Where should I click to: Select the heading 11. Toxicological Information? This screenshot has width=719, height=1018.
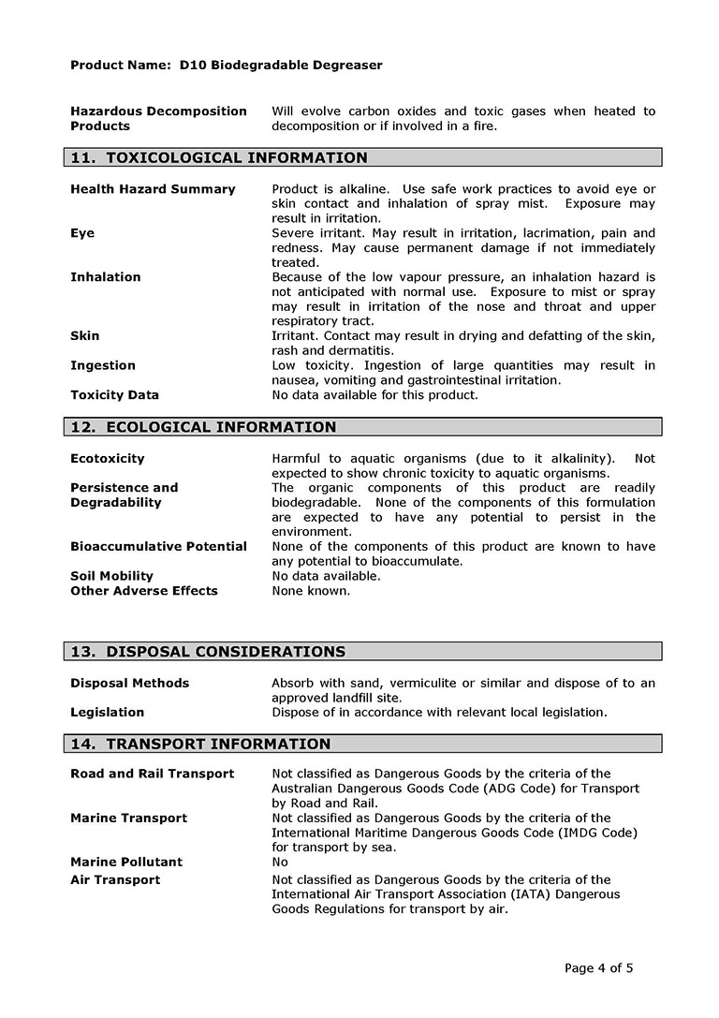point(219,158)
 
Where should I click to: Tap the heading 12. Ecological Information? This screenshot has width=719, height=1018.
point(203,428)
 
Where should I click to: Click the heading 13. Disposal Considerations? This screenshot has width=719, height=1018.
point(208,652)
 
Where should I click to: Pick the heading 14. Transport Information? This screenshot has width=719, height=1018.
point(200,745)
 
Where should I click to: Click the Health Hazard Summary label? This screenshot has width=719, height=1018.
point(153,189)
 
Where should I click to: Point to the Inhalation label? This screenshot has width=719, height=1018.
point(105,277)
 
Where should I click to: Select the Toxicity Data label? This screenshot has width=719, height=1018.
point(114,395)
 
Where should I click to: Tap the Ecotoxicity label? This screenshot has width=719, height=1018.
point(107,459)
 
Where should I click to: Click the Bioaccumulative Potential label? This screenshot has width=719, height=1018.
point(158,547)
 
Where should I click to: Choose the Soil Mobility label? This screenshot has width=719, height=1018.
point(111,576)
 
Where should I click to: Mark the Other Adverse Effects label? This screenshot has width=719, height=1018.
point(143,591)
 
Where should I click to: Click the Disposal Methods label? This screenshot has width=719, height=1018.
point(129,684)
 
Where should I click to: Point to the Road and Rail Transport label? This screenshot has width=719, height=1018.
point(152,775)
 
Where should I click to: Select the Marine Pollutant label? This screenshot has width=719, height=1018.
point(126,863)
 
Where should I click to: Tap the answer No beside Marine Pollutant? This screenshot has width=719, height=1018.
point(280,863)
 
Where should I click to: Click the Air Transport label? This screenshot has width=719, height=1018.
point(114,880)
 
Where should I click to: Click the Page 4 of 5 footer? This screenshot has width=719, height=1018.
point(599,968)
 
